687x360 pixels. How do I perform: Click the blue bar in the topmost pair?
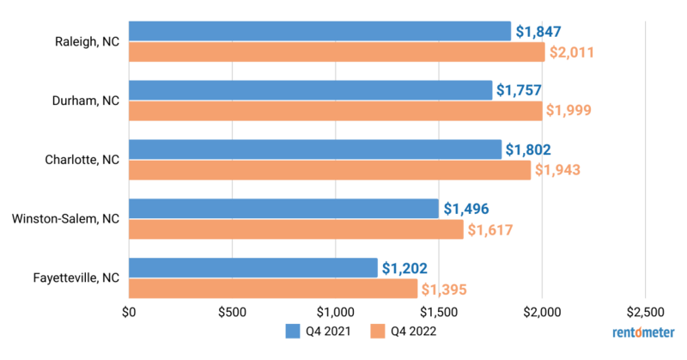tap(319, 31)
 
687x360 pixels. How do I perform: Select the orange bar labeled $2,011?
tap(336, 52)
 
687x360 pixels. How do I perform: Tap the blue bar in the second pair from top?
tap(310, 89)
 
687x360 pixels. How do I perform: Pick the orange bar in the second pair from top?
tap(335, 111)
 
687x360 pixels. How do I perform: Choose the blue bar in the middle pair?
tap(314, 149)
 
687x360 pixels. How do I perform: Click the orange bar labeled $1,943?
tap(329, 170)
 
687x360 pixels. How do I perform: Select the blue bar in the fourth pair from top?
tap(283, 208)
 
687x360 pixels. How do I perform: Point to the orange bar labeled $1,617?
tap(295, 229)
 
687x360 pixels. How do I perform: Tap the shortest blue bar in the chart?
tap(252, 267)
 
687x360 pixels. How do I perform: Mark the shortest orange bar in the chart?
tap(272, 289)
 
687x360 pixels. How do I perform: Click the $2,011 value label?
tap(571, 52)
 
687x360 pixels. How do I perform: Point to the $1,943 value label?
tap(557, 170)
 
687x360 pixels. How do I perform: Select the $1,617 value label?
tap(489, 229)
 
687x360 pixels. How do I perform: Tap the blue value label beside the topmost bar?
tap(538, 31)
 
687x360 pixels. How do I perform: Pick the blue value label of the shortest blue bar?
tap(404, 267)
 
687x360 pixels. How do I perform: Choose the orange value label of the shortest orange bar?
tap(443, 289)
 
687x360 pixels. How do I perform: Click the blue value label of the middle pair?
tap(528, 149)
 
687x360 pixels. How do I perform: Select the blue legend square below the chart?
tap(293, 332)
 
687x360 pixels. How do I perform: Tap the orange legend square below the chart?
tap(377, 332)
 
